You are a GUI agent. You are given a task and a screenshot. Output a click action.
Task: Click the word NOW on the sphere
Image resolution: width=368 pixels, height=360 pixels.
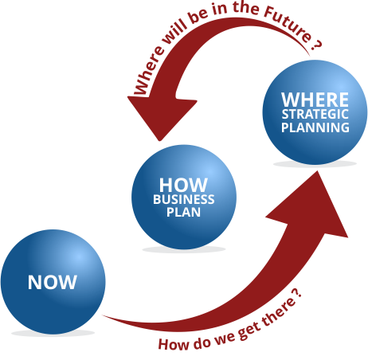pos(53,282)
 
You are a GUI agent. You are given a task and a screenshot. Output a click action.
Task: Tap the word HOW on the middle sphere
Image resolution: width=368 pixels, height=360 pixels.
pos(183,185)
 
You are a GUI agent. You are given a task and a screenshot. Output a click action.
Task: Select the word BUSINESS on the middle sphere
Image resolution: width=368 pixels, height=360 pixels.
pos(184,199)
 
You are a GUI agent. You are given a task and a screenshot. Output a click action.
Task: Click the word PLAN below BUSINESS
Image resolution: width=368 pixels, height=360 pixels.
pos(183,212)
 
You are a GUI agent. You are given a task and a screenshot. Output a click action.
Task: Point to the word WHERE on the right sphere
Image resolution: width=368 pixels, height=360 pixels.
pos(315,100)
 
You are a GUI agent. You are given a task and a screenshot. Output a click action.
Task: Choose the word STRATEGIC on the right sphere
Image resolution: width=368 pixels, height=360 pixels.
pos(315,115)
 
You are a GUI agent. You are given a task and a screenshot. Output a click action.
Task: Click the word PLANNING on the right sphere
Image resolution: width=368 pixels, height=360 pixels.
pos(315,127)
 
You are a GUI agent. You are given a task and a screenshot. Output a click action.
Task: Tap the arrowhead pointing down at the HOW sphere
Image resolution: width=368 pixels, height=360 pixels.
pos(161,117)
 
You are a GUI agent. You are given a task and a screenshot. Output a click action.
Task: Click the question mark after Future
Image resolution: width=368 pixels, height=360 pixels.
pos(316,45)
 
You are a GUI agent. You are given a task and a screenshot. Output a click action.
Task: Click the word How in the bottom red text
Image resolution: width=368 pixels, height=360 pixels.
pos(174,344)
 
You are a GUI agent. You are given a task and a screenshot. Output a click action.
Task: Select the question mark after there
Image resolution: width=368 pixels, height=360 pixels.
pos(297,293)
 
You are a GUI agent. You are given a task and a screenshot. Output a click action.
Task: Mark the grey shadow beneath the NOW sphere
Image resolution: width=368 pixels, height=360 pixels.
pos(53,333)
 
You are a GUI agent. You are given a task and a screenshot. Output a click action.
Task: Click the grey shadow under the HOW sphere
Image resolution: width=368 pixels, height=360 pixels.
pos(184,249)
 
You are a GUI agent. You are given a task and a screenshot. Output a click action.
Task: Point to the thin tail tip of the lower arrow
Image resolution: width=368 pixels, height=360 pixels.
pos(103,315)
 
